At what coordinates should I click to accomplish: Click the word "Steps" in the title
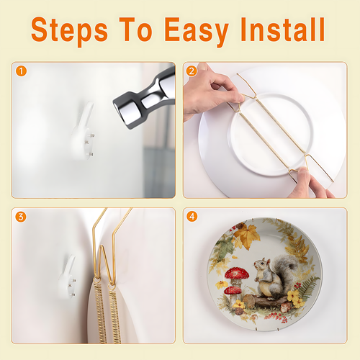point(69,30)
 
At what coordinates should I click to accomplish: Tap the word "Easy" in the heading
point(197,30)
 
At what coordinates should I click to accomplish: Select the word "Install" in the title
point(283,30)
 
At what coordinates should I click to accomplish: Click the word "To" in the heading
point(136,30)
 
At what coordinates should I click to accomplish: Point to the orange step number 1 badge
point(21,71)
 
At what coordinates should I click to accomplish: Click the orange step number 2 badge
point(192,71)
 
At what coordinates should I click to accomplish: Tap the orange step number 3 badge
point(21,217)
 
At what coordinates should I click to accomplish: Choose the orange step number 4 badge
point(192,217)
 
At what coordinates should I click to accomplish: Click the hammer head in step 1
point(144,99)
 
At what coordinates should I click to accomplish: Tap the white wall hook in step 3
point(68,277)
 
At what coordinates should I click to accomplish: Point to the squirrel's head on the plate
point(262,264)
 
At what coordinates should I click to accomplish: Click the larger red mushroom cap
point(237,273)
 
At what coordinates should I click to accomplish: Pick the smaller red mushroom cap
point(233,290)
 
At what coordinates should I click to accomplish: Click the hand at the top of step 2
point(211,91)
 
